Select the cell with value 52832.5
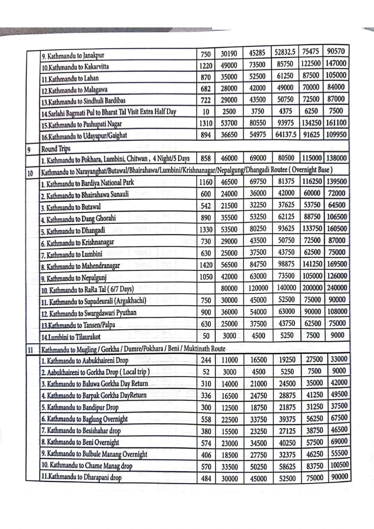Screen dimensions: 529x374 pyautogui.click(x=285, y=52)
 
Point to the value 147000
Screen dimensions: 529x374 pyautogui.click(x=336, y=63)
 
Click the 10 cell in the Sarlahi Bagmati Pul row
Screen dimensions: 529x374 pyautogui.click(x=206, y=112)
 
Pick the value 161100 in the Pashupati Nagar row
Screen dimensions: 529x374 pyautogui.click(x=336, y=123)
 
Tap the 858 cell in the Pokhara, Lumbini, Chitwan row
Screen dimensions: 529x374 pyautogui.click(x=206, y=158)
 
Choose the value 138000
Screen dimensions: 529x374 pyautogui.click(x=336, y=158)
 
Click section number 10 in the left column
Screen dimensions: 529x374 pyautogui.click(x=30, y=174)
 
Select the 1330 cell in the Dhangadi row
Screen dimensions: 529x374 pyautogui.click(x=206, y=230)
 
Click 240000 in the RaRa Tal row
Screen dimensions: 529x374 pyautogui.click(x=337, y=288)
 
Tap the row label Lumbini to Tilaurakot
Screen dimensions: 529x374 pyautogui.click(x=71, y=337)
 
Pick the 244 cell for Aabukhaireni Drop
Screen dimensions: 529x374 pyautogui.click(x=206, y=360)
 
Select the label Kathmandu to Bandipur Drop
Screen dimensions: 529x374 pyautogui.click(x=80, y=408)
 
